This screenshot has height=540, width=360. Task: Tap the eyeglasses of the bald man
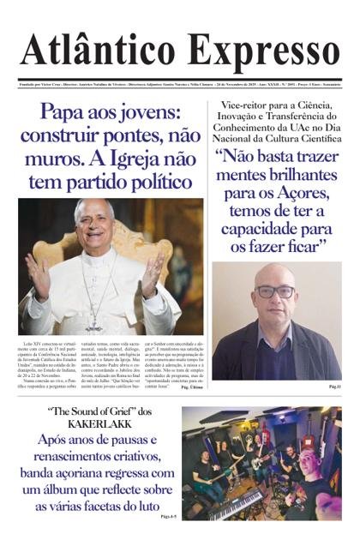coord(276,291)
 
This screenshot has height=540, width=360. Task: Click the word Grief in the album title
coord(123,411)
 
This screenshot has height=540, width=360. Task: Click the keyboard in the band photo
coord(236,503)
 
